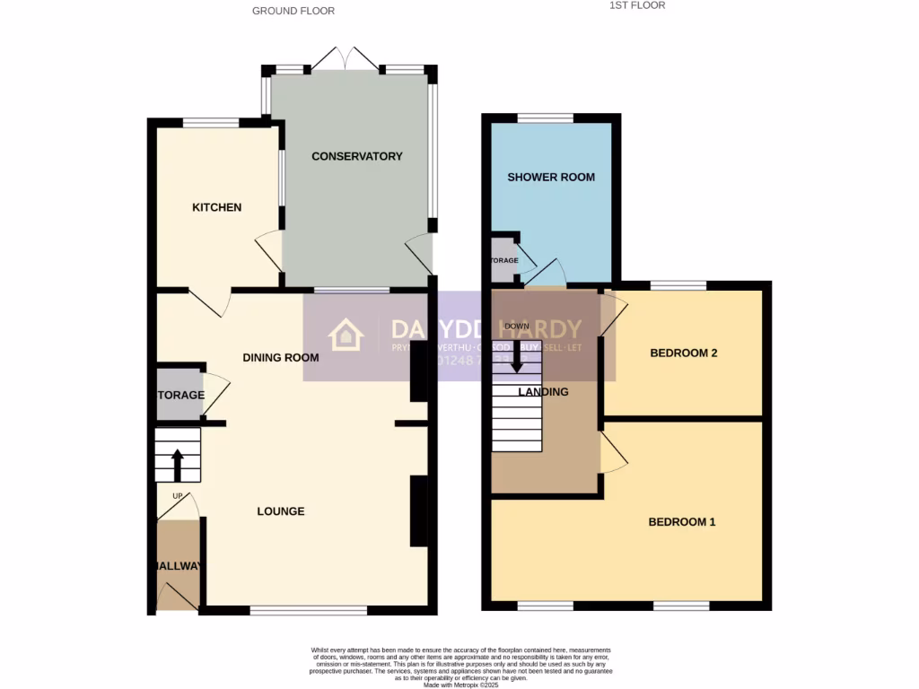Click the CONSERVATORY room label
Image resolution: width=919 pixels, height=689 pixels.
tap(356, 156)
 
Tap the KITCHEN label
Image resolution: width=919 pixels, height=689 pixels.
tap(216, 207)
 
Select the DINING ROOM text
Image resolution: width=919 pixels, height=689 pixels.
tap(281, 357)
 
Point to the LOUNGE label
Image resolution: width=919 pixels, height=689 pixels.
tap(281, 511)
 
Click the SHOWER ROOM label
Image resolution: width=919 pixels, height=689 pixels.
tap(551, 177)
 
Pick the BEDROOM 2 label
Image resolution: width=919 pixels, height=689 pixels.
tap(683, 353)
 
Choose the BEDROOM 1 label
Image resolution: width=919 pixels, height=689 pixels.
tap(681, 521)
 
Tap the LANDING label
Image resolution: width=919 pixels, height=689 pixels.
tap(543, 391)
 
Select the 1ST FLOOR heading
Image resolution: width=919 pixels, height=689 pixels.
tap(637, 5)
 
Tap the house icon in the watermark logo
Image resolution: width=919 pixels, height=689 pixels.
tap(346, 336)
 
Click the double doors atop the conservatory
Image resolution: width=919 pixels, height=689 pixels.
tap(346, 59)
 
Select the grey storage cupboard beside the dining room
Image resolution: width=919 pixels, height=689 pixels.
tap(179, 395)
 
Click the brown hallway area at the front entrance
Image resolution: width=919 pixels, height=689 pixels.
tap(176, 565)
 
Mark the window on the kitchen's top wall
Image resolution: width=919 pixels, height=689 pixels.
tap(211, 123)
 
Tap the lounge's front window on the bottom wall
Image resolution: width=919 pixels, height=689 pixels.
tap(308, 611)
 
